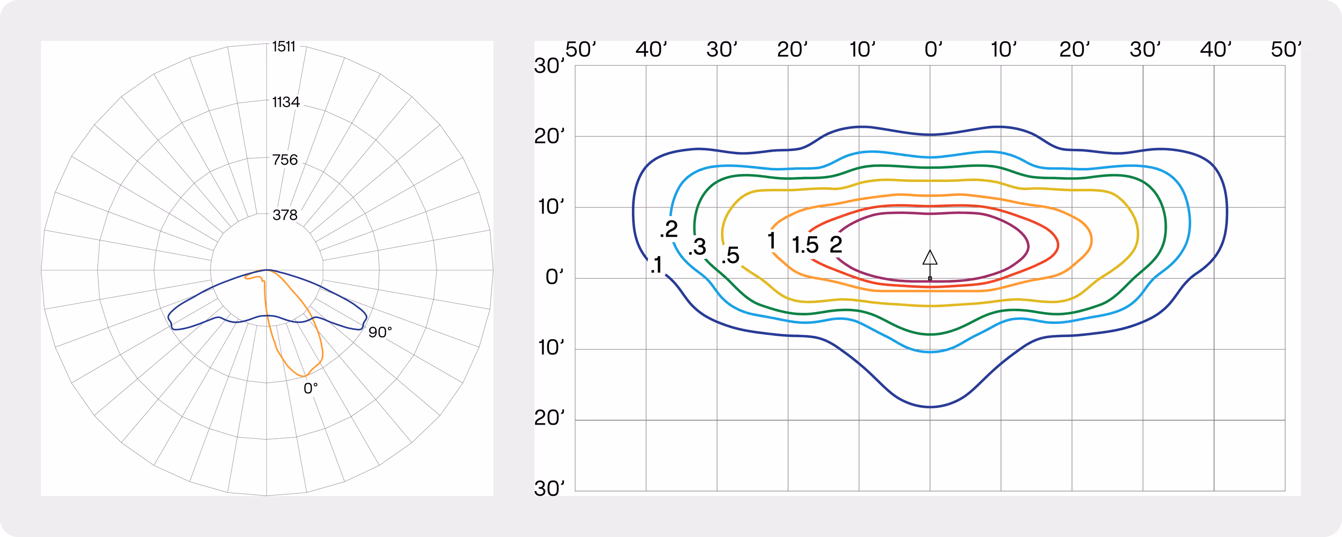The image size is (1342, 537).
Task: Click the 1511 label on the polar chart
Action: [x=284, y=47]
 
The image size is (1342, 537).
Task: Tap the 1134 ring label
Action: [x=286, y=102]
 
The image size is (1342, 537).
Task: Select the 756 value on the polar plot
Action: [x=285, y=160]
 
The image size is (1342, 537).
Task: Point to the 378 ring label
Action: [x=285, y=215]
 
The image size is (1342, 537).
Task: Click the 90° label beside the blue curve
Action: [x=380, y=332]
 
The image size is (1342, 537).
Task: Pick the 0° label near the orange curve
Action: [x=310, y=389]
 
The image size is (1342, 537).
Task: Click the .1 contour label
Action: [x=656, y=265]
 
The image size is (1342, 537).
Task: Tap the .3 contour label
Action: [x=697, y=247]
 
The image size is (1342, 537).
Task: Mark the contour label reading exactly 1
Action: [x=772, y=241]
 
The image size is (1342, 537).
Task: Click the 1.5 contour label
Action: [x=805, y=245]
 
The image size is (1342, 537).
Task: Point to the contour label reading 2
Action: [x=836, y=244]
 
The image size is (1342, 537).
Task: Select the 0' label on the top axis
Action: [x=934, y=50]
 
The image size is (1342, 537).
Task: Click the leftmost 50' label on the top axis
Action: [x=581, y=50]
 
